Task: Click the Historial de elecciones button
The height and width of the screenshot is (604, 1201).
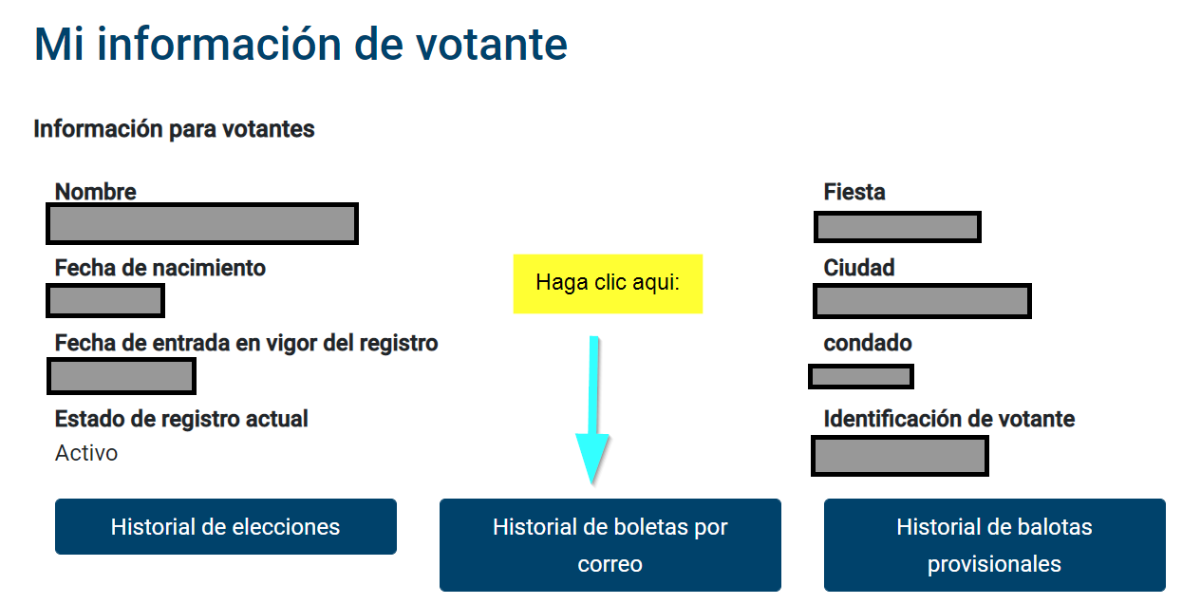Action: point(226,526)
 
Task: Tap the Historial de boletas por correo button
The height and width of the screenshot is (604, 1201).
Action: point(610,545)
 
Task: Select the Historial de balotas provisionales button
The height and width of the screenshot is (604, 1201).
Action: point(995,545)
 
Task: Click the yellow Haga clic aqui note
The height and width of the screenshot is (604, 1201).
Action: point(608,284)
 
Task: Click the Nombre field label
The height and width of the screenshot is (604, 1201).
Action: point(96,192)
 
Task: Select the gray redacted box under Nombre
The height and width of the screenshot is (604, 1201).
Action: point(202,224)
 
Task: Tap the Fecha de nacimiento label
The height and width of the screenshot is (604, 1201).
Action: point(160,268)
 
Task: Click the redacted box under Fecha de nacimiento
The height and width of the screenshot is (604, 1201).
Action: point(105,300)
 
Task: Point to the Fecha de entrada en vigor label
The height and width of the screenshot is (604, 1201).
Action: point(247,343)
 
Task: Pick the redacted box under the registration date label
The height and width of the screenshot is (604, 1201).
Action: point(122,376)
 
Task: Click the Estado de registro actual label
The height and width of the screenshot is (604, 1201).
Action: point(181,419)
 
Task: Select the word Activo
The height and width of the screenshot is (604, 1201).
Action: point(86,453)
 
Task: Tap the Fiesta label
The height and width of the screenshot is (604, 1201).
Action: point(854,192)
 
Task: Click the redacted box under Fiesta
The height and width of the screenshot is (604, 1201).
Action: point(897,227)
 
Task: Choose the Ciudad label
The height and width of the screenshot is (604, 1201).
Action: point(859,268)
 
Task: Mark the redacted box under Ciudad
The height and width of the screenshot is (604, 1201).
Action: point(922,301)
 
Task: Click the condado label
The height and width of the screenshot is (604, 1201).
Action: point(868,343)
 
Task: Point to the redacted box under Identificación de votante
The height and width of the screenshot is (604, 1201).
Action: point(900,456)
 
